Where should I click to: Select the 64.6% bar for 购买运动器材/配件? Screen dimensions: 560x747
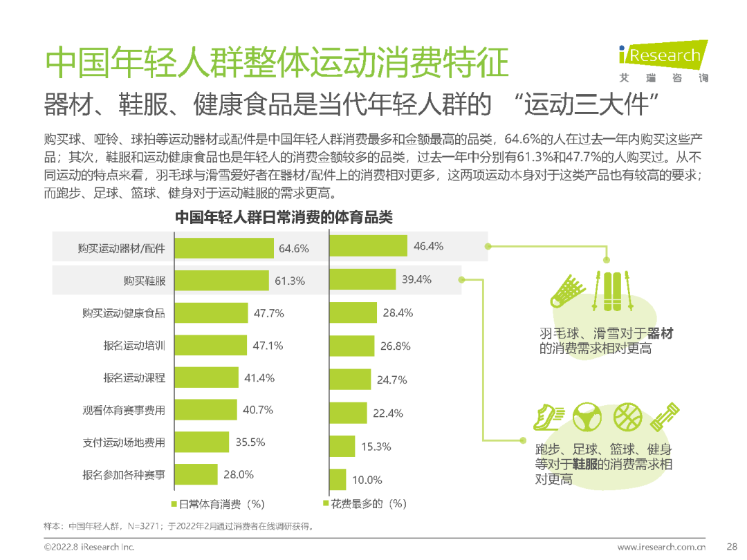click(224, 248)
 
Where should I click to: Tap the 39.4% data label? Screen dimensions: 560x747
click(416, 279)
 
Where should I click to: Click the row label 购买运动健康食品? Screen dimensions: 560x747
click(124, 313)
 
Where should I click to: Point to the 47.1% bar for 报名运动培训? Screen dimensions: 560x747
click(211, 346)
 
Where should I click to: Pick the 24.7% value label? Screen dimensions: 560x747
click(391, 380)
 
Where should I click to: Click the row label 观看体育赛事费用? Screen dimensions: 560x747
click(124, 410)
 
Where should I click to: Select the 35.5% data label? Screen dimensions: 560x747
click(250, 442)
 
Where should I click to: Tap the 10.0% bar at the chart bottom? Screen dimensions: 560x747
click(338, 479)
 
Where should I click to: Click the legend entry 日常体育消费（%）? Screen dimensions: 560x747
click(217, 503)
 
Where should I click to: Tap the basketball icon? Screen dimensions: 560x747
click(627, 416)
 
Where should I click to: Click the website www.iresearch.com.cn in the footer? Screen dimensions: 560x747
click(661, 547)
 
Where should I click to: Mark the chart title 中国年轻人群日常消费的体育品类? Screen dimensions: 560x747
click(284, 218)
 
